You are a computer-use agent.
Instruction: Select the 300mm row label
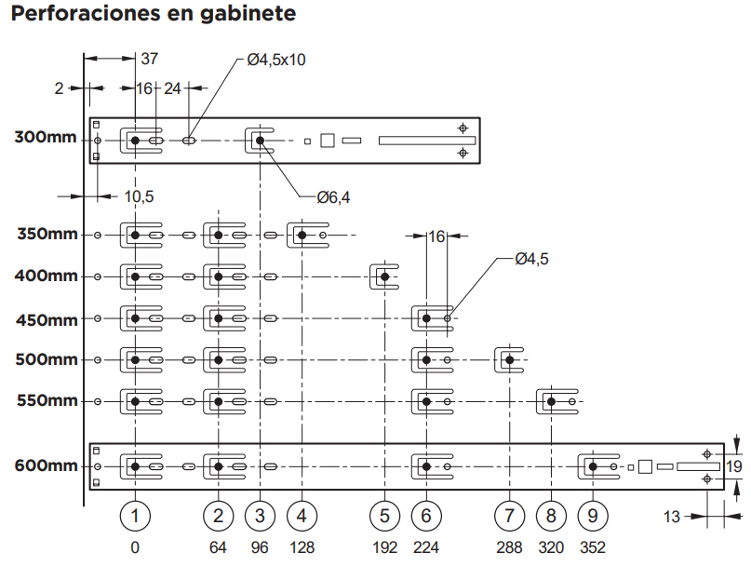(46, 138)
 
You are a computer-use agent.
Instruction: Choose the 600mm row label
(46, 465)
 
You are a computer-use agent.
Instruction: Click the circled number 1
(136, 516)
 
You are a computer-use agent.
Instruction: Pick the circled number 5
(384, 516)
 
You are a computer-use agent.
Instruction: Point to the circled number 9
(593, 516)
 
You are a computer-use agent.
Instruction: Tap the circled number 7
(509, 516)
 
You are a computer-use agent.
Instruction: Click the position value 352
(593, 547)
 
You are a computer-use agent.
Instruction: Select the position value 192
(384, 547)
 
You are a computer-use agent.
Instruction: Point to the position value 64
(218, 547)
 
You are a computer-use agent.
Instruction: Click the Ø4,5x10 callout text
(276, 60)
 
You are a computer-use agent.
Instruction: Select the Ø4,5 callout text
(531, 260)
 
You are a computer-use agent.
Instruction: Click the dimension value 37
(150, 59)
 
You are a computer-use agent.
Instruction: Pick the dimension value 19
(734, 466)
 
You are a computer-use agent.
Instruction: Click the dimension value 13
(672, 518)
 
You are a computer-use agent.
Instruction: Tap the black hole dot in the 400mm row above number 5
(384, 276)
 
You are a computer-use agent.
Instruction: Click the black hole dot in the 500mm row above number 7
(509, 359)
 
